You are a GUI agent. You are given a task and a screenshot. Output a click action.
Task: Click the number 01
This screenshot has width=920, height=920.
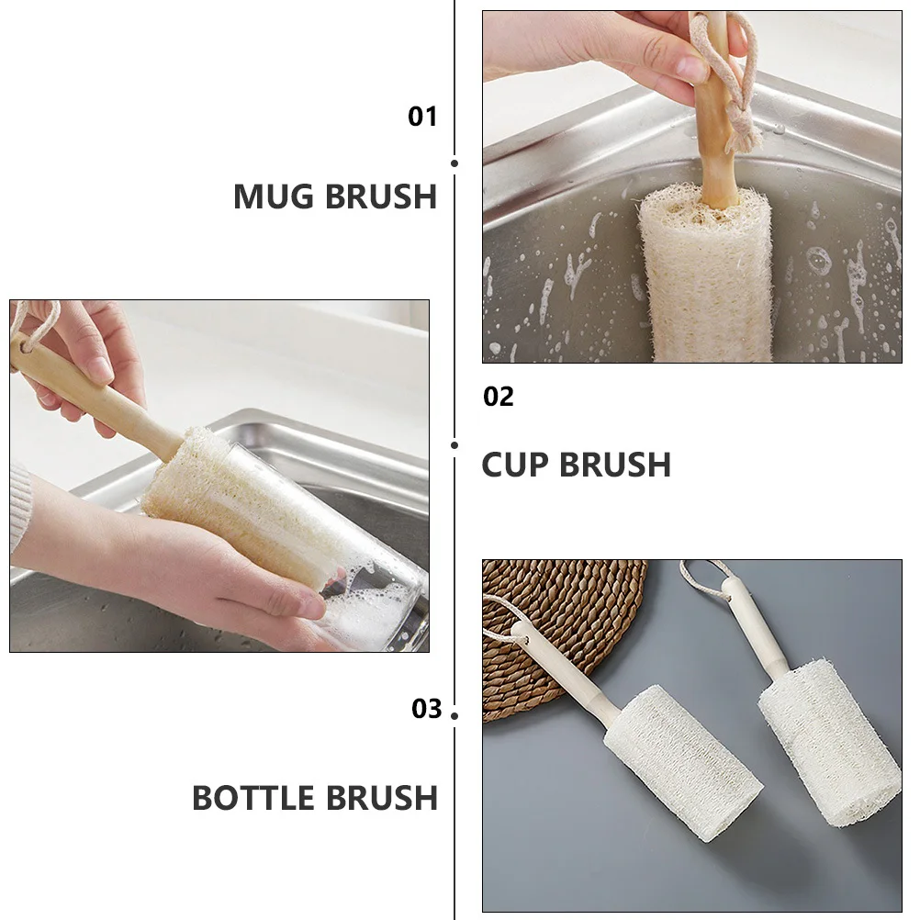point(422,117)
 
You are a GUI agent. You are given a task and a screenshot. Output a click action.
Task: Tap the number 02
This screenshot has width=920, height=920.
point(499,397)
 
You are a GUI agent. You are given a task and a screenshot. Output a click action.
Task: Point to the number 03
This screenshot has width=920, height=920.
point(426,709)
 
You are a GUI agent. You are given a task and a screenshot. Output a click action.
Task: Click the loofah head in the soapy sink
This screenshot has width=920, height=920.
point(707,275)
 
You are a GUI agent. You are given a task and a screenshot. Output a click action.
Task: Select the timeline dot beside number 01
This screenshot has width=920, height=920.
point(454,163)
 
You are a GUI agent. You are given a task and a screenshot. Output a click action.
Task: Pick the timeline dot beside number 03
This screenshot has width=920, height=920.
point(454,714)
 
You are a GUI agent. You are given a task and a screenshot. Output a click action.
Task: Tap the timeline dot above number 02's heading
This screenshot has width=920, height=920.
point(454,445)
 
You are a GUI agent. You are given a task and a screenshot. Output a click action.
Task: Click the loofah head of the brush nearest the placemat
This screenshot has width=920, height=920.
point(684,762)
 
